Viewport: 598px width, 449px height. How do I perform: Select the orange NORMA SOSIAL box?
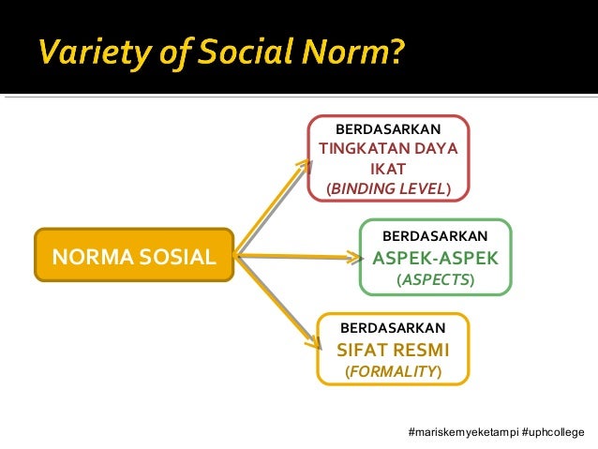click(133, 255)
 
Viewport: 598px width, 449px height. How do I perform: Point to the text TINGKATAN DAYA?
click(388, 148)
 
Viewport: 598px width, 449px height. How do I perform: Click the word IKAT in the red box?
click(388, 169)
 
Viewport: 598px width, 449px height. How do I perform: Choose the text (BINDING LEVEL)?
click(388, 189)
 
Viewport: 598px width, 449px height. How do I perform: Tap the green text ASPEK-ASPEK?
click(436, 258)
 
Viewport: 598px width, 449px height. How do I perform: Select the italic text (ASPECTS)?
click(436, 280)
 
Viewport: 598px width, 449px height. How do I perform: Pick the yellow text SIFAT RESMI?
click(393, 351)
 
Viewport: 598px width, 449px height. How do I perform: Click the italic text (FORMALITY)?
click(393, 372)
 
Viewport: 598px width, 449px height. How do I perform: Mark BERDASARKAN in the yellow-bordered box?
click(393, 328)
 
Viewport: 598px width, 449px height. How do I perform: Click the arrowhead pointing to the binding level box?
click(302, 166)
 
